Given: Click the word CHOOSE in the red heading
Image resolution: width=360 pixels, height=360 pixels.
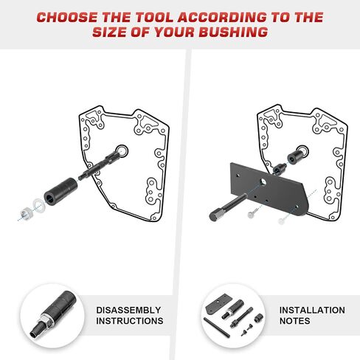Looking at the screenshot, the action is [x=67, y=17].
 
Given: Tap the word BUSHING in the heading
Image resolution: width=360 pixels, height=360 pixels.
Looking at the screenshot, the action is [x=233, y=32].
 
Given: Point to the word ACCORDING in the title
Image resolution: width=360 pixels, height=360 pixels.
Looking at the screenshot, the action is [x=222, y=17].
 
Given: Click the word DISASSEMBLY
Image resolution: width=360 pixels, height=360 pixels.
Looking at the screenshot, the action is [x=128, y=310].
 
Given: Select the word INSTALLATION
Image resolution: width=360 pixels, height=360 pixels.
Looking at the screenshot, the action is [x=312, y=310].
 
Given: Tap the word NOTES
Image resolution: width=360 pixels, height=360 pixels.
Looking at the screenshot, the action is [x=294, y=321].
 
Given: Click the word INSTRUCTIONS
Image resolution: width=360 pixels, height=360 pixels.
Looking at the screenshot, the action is [x=130, y=321].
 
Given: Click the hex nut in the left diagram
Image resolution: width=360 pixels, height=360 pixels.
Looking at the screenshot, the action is [x=26, y=212].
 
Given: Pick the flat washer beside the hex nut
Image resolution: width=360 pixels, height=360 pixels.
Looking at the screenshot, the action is [x=39, y=204].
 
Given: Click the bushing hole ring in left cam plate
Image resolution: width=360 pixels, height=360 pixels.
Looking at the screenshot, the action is [x=122, y=150].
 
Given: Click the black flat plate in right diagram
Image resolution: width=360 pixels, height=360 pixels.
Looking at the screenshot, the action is [x=269, y=189].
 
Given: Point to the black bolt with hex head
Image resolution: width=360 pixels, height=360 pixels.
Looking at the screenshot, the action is [x=228, y=207].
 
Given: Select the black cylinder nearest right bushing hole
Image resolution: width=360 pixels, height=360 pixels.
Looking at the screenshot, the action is [x=296, y=156].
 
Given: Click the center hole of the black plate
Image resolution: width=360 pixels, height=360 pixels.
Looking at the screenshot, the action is [x=263, y=181].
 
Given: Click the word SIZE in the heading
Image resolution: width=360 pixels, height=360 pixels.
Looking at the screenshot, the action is [x=109, y=32].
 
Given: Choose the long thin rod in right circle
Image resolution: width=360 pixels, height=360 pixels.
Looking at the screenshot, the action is [x=217, y=328].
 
